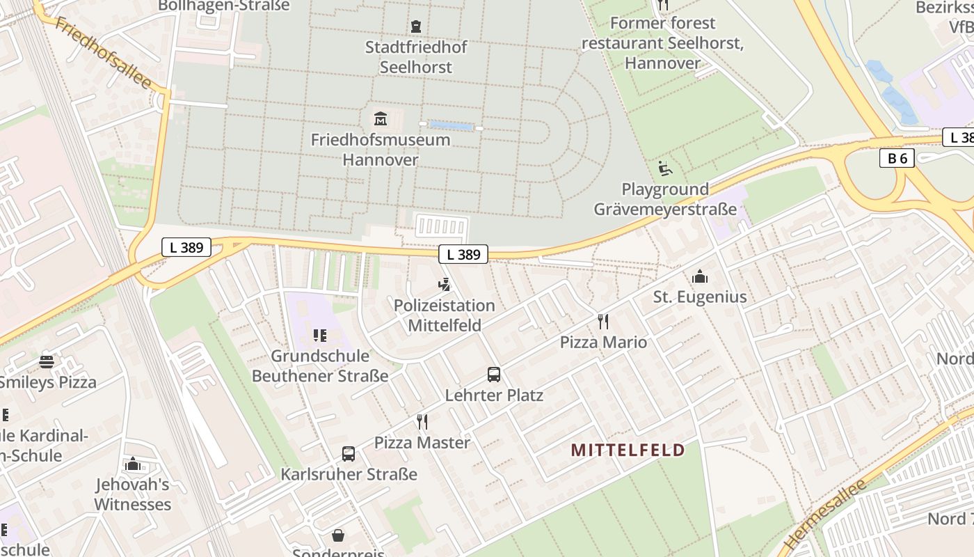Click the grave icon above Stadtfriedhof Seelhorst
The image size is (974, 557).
click(x=416, y=27)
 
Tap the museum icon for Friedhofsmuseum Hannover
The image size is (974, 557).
click(x=380, y=118)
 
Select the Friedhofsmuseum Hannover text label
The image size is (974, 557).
click(x=380, y=150)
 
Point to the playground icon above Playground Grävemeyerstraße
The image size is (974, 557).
click(x=664, y=168)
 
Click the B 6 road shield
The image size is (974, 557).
click(x=897, y=159)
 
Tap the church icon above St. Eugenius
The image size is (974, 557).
click(x=700, y=276)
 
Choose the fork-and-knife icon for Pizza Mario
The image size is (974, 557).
click(x=603, y=321)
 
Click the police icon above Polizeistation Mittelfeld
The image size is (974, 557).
click(x=444, y=284)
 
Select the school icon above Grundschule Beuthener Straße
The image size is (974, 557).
click(x=320, y=336)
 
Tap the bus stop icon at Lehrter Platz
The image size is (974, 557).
click(x=494, y=375)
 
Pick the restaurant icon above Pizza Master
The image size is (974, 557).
click(x=422, y=421)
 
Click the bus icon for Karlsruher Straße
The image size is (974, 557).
click(x=349, y=454)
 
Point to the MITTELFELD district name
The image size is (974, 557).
click(x=628, y=450)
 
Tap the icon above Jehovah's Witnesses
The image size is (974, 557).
click(x=132, y=464)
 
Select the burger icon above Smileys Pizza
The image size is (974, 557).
click(x=47, y=361)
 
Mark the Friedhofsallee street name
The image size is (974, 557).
click(x=103, y=54)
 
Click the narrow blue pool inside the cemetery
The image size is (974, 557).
click(x=452, y=126)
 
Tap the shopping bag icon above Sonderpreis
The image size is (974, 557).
click(x=338, y=535)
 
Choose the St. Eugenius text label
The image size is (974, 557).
click(x=700, y=297)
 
